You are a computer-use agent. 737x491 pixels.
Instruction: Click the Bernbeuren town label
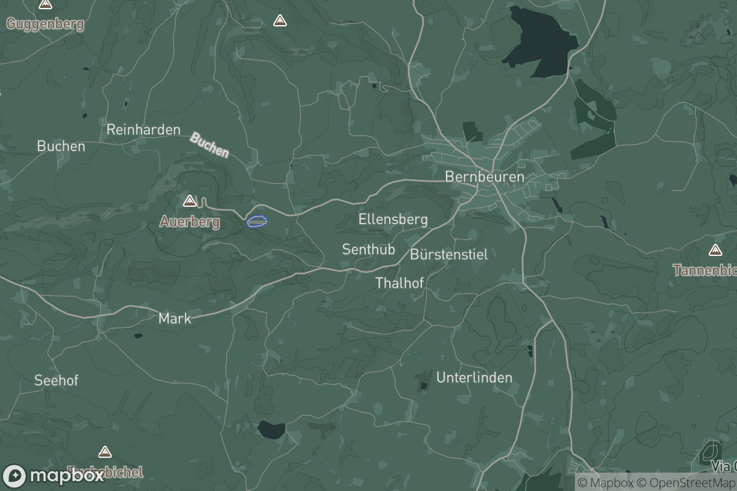[485, 177]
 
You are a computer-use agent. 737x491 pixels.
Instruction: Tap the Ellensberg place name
[393, 219]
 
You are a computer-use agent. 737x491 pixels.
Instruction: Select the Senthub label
[368, 249]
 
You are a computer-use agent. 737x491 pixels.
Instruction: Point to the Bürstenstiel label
[449, 254]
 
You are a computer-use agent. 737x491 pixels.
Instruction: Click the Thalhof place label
[400, 283]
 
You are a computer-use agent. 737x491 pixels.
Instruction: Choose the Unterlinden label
[474, 377]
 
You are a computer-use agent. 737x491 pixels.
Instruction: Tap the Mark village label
[175, 319]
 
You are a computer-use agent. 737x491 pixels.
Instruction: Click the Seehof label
[57, 381]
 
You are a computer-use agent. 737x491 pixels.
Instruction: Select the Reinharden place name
[144, 130]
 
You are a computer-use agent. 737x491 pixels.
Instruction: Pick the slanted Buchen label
[209, 145]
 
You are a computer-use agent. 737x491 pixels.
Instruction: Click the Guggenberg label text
[45, 25]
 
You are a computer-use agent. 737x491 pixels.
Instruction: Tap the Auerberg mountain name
[190, 222]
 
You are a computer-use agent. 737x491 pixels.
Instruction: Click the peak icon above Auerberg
[190, 201]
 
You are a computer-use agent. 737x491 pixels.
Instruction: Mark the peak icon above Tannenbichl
[715, 250]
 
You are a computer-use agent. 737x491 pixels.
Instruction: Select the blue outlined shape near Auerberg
[257, 221]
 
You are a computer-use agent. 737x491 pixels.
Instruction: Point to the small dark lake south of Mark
[271, 430]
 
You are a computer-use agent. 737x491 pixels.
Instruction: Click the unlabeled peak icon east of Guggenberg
[280, 21]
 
